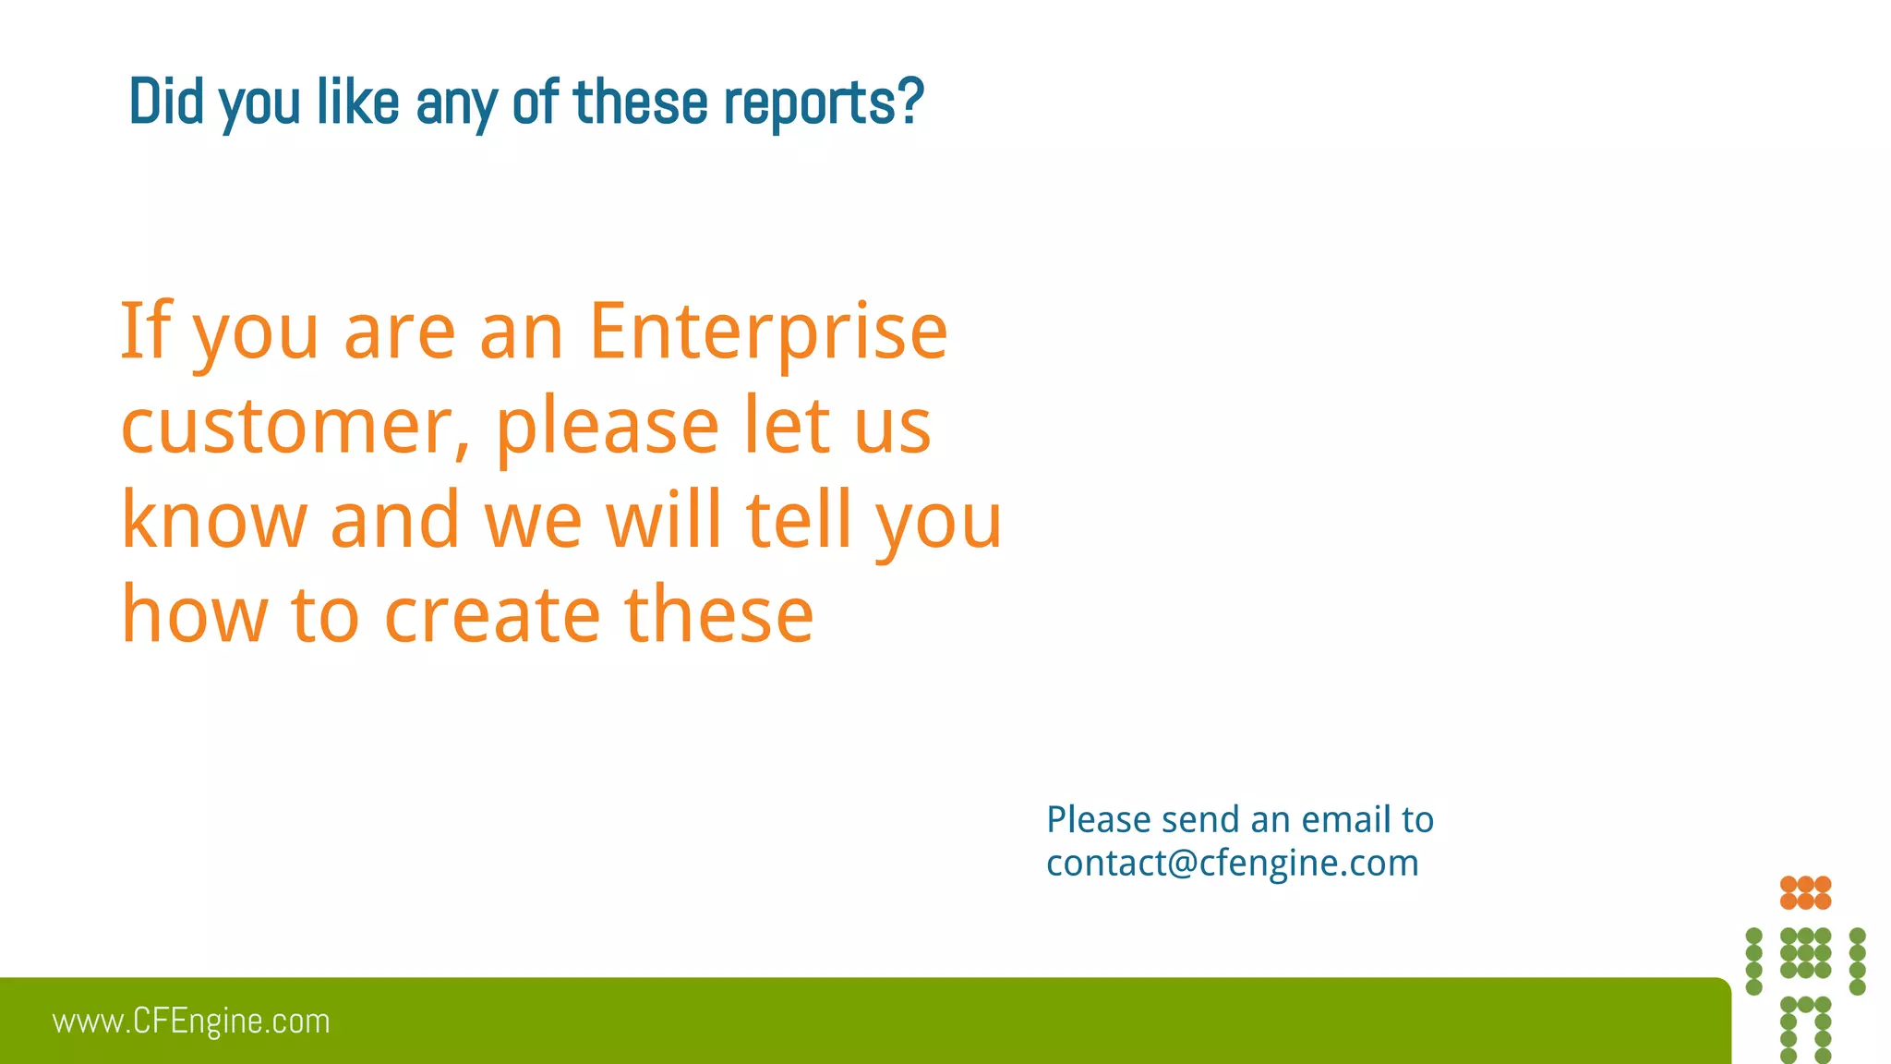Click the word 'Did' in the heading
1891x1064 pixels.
[x=166, y=102]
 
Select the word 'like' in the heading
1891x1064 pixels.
[x=357, y=102]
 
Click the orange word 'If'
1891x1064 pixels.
[x=146, y=330]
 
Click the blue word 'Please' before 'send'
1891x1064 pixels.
[x=1098, y=820]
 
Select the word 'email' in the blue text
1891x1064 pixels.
[x=1345, y=820]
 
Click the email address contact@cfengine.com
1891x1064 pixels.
[x=1232, y=864]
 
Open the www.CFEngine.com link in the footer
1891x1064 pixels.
[x=191, y=1022]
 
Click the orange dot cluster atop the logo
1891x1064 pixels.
[x=1805, y=892]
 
